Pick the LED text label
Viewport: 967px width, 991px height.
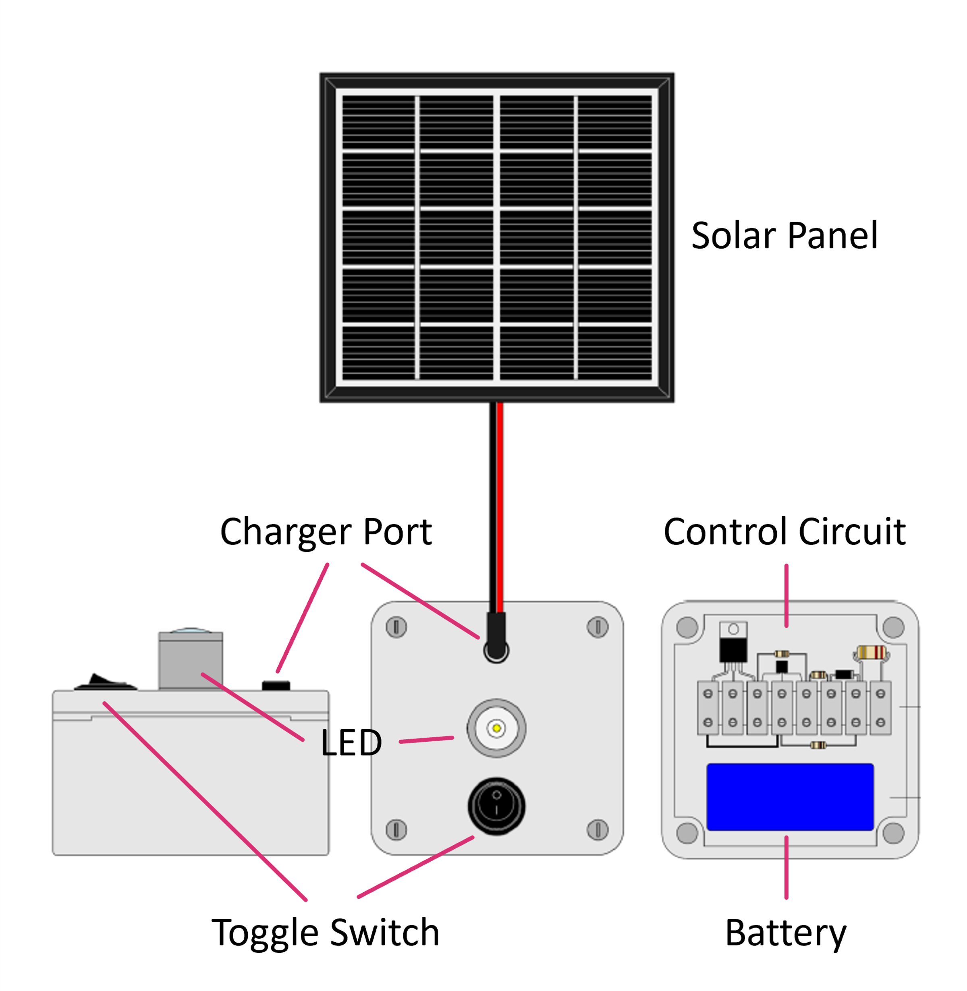(x=351, y=743)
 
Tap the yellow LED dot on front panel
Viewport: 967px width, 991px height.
(x=497, y=728)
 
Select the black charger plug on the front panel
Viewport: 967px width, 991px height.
(x=496, y=637)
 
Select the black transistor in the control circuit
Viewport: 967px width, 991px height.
(x=733, y=649)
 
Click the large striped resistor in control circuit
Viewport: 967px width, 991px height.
(x=871, y=652)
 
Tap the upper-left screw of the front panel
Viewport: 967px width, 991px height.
(x=396, y=627)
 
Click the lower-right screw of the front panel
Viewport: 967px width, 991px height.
(x=598, y=830)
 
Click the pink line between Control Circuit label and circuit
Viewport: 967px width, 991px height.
(x=786, y=595)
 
